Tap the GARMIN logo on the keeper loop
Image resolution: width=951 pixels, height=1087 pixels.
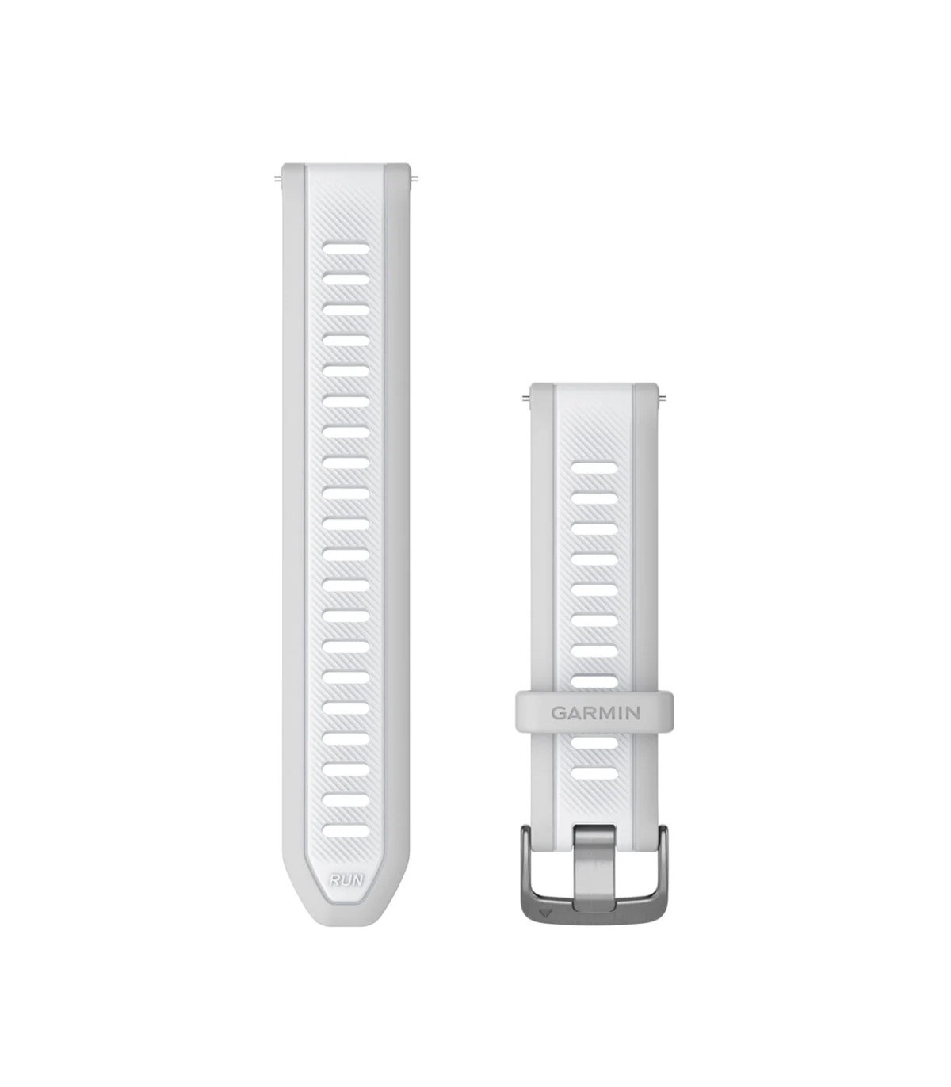(x=595, y=712)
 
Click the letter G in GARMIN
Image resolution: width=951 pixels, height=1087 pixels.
(x=558, y=712)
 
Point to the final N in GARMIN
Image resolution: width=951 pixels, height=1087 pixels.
(x=633, y=712)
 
